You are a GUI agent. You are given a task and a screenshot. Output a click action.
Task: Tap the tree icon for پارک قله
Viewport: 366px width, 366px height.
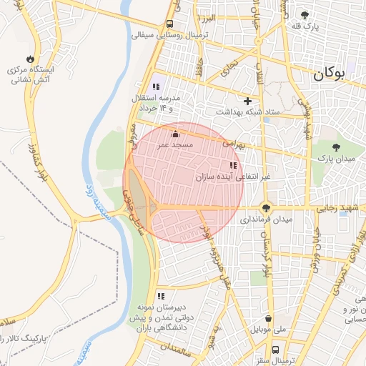pyautogui.click(x=305, y=15)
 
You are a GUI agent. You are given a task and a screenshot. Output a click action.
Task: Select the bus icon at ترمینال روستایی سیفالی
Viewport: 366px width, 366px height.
pyautogui.click(x=169, y=23)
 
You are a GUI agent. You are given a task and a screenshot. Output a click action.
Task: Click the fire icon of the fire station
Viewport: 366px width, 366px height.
pyautogui.click(x=29, y=59)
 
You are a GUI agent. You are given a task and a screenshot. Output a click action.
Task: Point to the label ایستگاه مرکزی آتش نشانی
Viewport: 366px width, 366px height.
pyautogui.click(x=31, y=76)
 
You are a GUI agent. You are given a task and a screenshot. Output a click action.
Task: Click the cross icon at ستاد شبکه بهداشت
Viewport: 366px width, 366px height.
pyautogui.click(x=247, y=102)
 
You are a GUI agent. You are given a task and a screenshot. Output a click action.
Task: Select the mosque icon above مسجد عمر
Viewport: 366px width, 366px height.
pyautogui.click(x=175, y=133)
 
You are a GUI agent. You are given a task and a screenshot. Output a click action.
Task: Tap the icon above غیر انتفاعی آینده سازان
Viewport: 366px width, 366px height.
pyautogui.click(x=233, y=165)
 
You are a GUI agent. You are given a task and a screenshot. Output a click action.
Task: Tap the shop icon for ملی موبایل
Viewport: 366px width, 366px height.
pyautogui.click(x=268, y=319)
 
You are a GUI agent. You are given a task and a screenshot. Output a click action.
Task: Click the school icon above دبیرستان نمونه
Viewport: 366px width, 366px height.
pyautogui.click(x=161, y=295)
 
